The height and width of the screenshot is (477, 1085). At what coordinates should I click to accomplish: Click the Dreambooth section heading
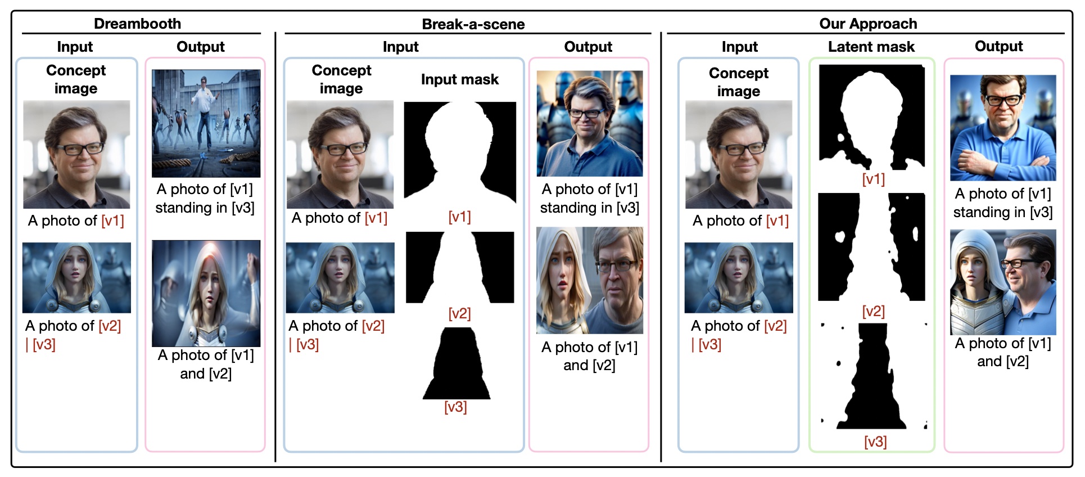click(137, 24)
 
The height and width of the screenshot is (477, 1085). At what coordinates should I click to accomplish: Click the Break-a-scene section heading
click(473, 24)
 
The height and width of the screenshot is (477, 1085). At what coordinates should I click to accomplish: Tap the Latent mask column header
click(871, 47)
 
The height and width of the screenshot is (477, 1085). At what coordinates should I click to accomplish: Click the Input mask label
click(459, 79)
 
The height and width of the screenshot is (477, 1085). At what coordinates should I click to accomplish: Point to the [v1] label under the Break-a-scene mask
click(459, 217)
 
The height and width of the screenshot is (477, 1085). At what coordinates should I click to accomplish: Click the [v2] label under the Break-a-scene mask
click(459, 313)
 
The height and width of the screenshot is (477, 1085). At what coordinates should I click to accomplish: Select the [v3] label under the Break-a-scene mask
click(455, 407)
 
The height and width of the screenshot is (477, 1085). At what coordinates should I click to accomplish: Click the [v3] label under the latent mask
click(875, 442)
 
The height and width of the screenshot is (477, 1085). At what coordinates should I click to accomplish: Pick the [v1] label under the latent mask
click(873, 179)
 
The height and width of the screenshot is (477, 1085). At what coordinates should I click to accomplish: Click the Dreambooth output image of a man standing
click(206, 123)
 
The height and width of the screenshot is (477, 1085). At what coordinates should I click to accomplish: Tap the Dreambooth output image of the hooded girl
click(206, 293)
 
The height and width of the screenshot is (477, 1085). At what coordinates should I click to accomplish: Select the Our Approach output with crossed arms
click(1002, 128)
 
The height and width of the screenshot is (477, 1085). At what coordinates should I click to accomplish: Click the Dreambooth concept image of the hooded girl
click(76, 277)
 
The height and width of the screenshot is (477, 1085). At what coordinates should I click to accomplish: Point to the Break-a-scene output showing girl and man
click(589, 280)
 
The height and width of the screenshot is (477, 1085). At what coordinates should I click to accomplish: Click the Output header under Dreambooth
click(200, 47)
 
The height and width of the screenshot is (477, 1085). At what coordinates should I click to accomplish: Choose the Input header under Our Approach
click(739, 47)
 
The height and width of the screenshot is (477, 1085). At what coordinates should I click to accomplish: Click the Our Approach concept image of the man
click(738, 154)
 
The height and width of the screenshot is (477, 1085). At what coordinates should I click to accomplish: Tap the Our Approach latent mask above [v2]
click(871, 246)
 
